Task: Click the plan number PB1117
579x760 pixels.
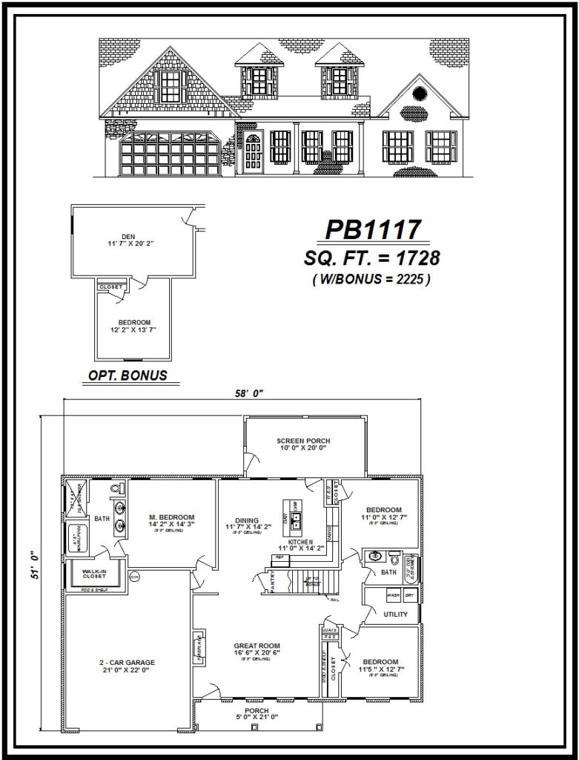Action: (373, 229)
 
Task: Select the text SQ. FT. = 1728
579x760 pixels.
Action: (372, 258)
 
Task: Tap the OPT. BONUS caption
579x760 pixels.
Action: (128, 376)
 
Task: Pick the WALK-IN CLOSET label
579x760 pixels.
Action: (94, 572)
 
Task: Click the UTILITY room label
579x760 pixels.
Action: (395, 615)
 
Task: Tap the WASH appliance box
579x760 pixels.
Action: (393, 595)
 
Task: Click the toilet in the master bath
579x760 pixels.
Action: (116, 490)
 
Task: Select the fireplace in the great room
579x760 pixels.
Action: (199, 645)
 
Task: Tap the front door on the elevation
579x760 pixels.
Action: (253, 154)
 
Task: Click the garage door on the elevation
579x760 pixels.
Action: (171, 154)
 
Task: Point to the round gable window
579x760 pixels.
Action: (418, 94)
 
